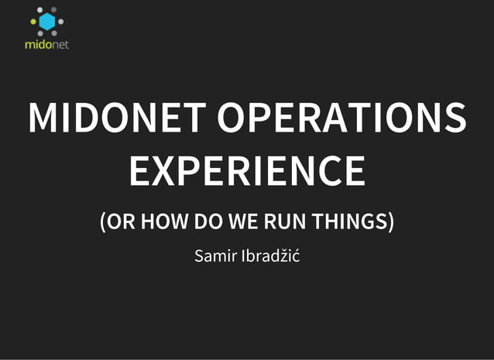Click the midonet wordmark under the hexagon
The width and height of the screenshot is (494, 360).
pyautogui.click(x=46, y=44)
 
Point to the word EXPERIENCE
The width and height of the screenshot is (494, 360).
pyautogui.click(x=246, y=170)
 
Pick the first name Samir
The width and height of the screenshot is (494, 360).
pyautogui.click(x=214, y=255)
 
